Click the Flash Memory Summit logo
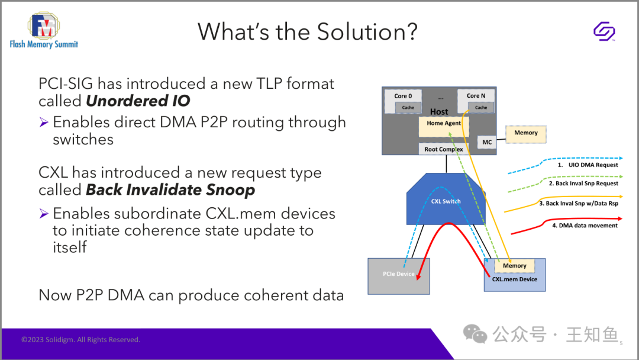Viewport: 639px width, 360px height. [x=44, y=30]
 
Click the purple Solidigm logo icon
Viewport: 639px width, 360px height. [x=604, y=31]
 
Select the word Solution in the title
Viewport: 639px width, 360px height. [x=367, y=32]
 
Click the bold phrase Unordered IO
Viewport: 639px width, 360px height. [x=138, y=101]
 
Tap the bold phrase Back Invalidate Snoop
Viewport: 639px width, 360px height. [x=170, y=189]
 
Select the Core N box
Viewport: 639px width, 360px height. [x=476, y=101]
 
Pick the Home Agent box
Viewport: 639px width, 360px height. [x=444, y=127]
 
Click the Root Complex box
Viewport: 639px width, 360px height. [x=444, y=149]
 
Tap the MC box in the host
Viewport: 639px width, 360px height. [x=487, y=142]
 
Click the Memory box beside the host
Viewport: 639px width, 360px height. [x=526, y=134]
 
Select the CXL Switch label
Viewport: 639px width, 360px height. [x=446, y=201]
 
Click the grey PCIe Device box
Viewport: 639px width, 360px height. [x=399, y=276]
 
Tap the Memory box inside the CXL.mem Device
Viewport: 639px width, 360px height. [x=514, y=266]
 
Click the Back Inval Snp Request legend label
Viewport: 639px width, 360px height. [x=583, y=184]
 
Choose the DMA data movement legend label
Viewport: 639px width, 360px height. [x=585, y=226]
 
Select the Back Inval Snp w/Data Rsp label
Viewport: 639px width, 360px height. [x=579, y=204]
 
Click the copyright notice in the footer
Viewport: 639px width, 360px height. [x=80, y=340]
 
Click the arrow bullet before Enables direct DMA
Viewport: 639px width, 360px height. [x=44, y=122]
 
